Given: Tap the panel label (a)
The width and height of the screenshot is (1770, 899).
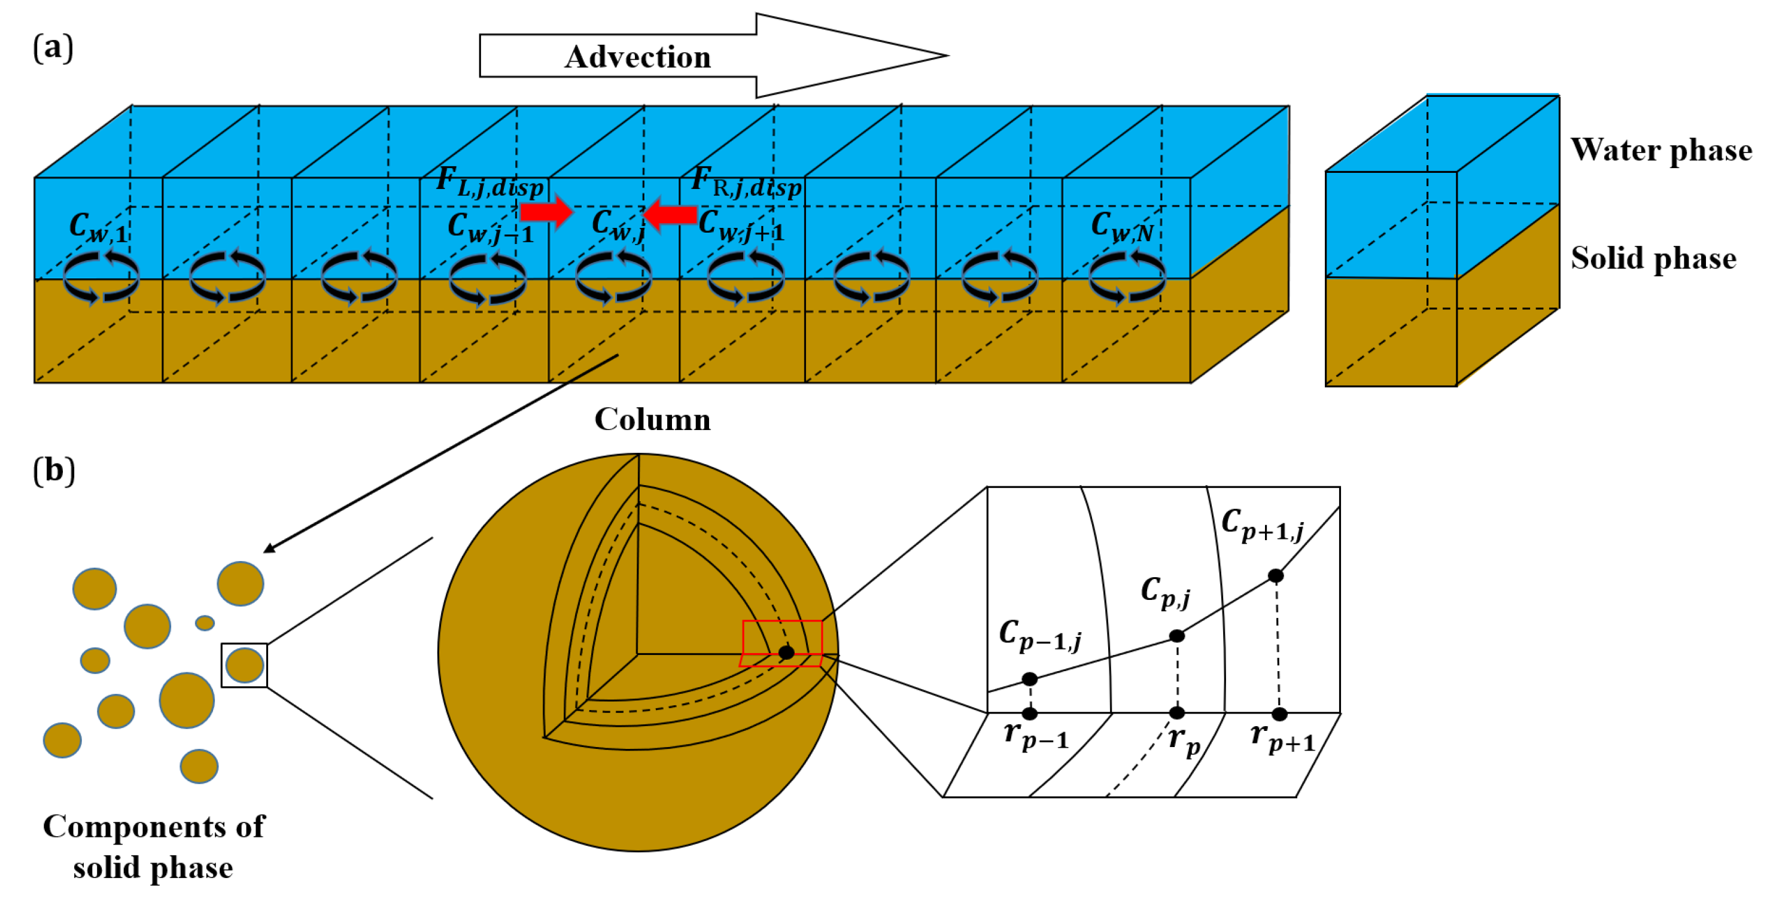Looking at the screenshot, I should tap(53, 48).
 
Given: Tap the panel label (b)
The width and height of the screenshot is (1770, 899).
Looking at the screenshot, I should tap(54, 471).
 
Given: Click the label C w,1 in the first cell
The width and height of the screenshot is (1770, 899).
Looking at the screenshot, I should tap(98, 227).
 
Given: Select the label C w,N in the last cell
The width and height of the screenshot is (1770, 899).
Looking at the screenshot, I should tap(1121, 227).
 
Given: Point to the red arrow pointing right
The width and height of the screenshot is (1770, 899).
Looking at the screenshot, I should tap(546, 211).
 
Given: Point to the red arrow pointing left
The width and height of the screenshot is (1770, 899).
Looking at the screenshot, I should tap(671, 214).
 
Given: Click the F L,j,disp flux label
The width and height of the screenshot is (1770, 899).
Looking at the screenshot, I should tap(489, 182).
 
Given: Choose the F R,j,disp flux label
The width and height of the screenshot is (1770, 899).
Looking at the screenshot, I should tap(746, 182).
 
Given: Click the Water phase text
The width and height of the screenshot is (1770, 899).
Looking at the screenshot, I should tap(1660, 150).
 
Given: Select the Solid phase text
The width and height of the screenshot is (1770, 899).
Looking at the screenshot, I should tap(1653, 258).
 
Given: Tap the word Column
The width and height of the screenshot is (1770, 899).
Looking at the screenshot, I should tap(652, 419).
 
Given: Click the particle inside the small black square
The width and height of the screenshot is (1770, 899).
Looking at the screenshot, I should tap(245, 665).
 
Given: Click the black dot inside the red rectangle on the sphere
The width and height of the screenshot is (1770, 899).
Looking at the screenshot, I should tap(786, 652).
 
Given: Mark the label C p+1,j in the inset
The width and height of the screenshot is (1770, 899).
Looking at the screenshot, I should tap(1261, 525).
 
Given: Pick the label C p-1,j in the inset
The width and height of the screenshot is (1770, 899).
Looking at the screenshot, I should tap(1039, 635).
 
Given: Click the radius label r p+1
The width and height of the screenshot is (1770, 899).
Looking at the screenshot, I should tap(1282, 738).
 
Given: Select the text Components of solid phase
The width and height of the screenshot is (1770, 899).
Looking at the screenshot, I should tap(153, 846).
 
